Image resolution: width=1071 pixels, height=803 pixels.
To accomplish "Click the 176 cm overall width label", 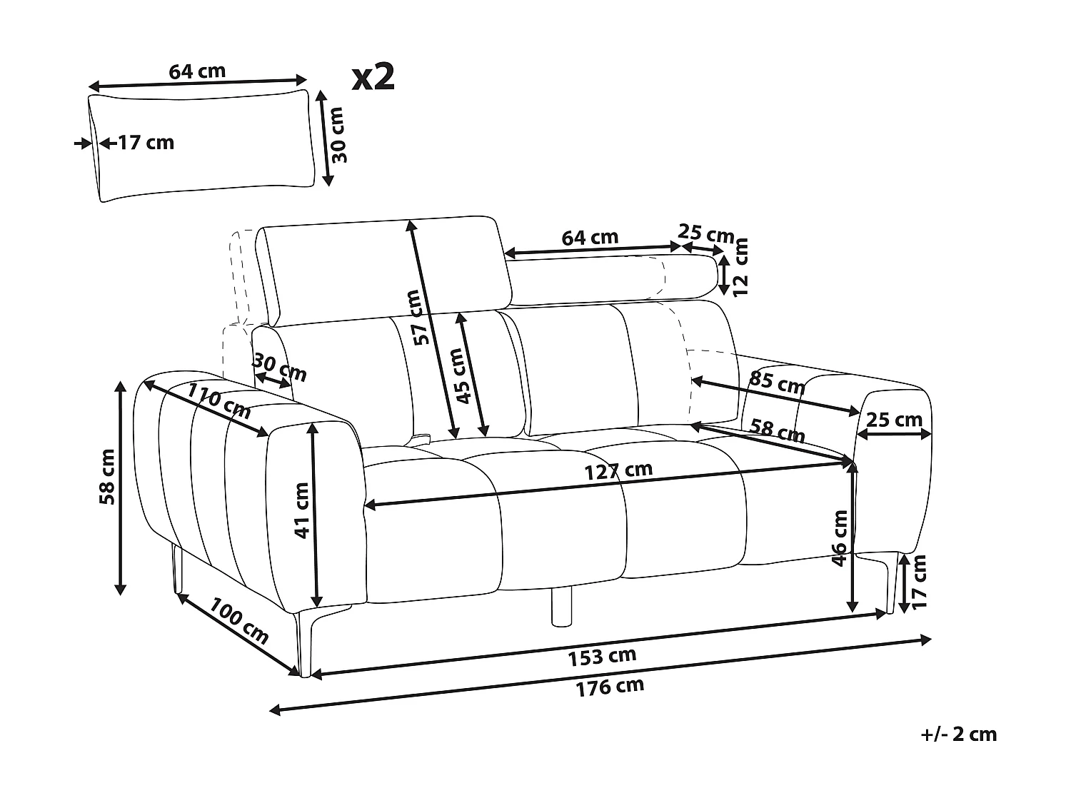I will click(610, 687).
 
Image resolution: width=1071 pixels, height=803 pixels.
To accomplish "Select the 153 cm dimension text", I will click(603, 656).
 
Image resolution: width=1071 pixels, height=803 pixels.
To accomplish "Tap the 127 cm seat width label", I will click(618, 470).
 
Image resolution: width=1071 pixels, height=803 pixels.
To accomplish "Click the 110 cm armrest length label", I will click(219, 400).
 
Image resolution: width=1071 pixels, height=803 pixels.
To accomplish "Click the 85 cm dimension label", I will click(777, 383).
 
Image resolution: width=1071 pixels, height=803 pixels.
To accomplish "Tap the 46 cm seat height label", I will click(840, 538).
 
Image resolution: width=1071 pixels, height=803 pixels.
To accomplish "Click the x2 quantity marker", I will click(373, 77).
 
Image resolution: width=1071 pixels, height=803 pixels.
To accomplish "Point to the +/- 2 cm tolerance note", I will click(958, 734).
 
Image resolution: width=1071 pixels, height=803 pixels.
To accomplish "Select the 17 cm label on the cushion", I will click(145, 143).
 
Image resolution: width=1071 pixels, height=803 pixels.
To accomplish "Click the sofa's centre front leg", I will click(562, 605).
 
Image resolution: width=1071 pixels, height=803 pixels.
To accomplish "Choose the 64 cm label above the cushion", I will click(196, 71).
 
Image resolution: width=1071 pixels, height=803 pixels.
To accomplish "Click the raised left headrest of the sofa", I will click(386, 268).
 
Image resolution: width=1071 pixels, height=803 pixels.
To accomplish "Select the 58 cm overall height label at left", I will click(107, 477).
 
